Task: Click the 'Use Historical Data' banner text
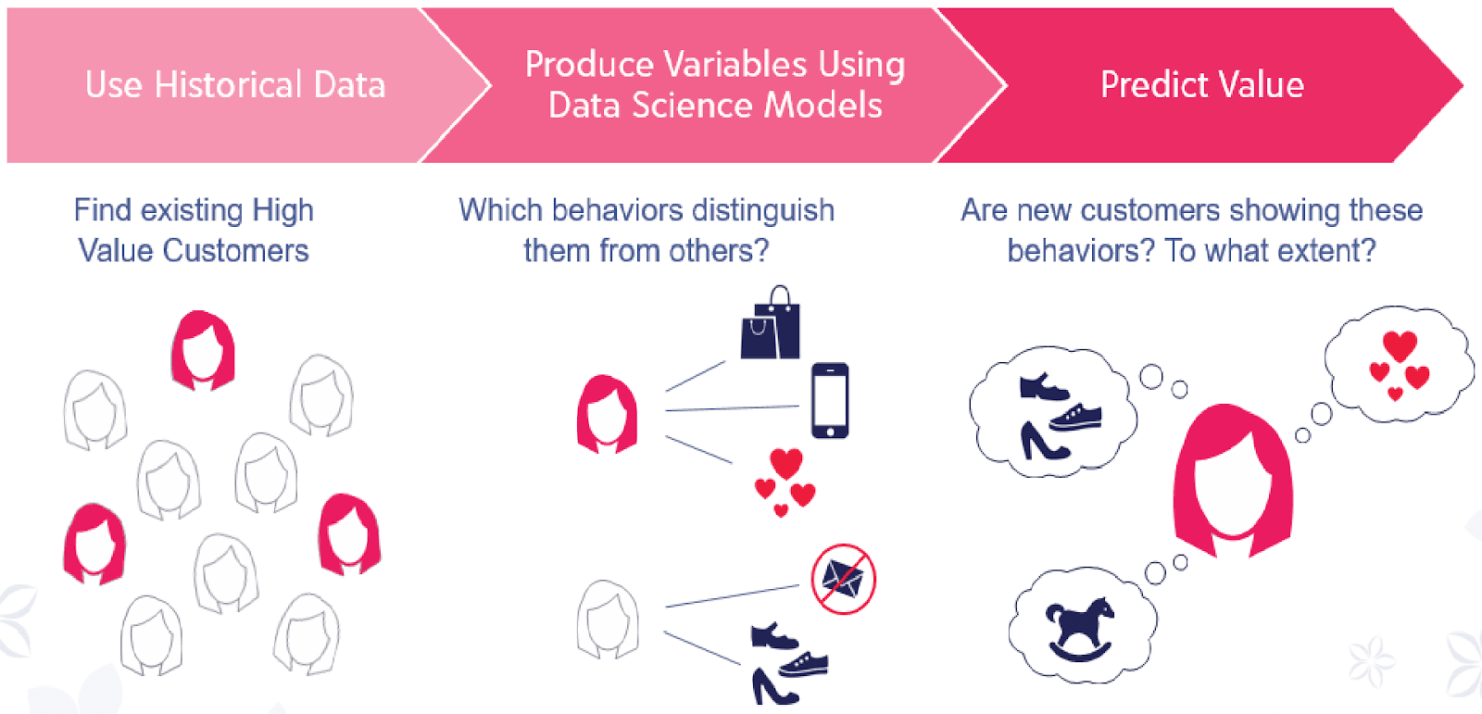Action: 235,84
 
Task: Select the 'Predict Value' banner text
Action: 1202,84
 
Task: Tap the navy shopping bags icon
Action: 770,322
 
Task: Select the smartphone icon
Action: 830,400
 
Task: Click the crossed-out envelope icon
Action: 844,579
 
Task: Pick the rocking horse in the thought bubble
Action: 1080,629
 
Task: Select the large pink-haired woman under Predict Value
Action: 1233,481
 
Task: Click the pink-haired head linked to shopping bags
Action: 608,414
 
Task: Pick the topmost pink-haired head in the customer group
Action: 203,350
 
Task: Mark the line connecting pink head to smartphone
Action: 733,408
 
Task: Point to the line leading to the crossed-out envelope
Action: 733,595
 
